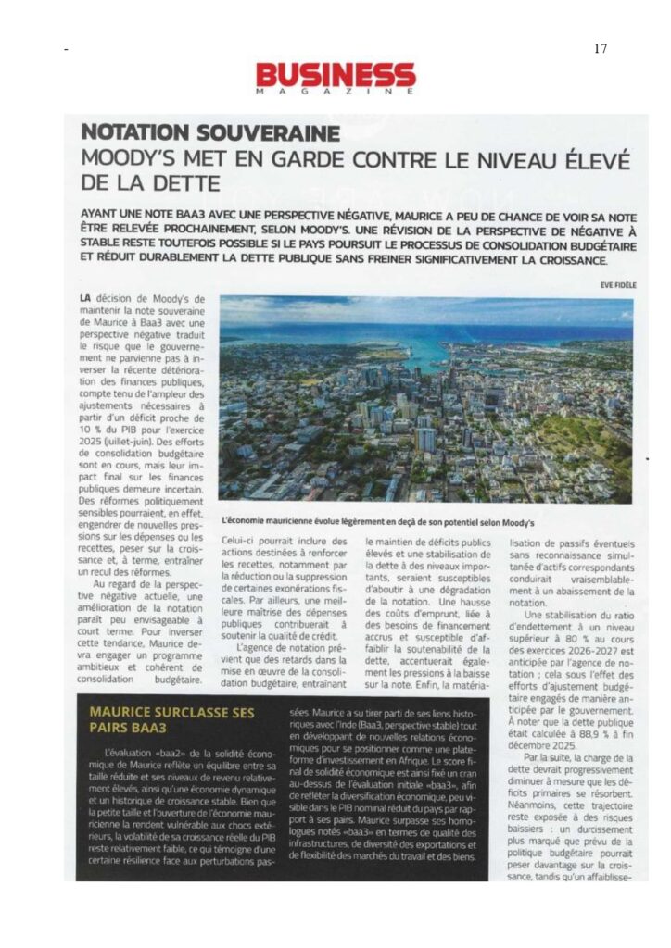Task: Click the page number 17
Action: click(601, 48)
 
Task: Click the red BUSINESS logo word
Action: click(335, 75)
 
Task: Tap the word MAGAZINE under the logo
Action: click(335, 93)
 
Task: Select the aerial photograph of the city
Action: click(425, 399)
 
